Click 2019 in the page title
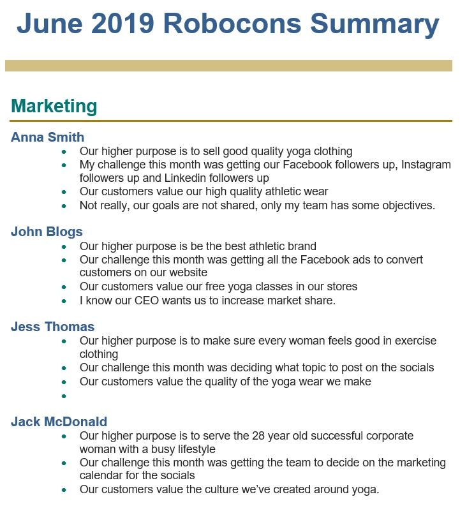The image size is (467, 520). tap(122, 24)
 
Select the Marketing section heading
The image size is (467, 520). tap(54, 107)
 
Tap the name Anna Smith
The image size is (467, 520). tap(48, 137)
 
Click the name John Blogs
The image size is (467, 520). tap(47, 232)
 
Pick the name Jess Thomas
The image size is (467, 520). tap(53, 327)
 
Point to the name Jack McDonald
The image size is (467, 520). tap(59, 422)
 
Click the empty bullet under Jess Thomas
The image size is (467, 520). tap(64, 396)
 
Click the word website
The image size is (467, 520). tap(186, 273)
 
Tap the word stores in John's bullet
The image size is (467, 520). tap(341, 286)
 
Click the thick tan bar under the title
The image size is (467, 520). tap(228, 66)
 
